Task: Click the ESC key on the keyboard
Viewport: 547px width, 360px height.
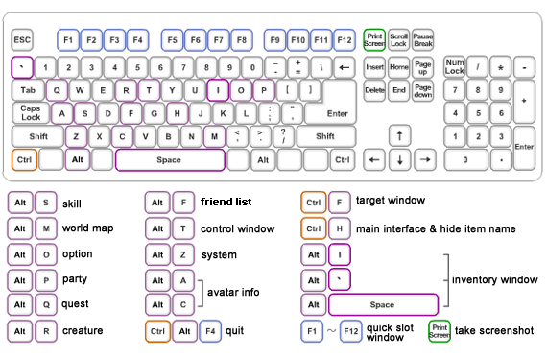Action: coord(22,40)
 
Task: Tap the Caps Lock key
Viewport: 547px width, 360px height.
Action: coord(31,113)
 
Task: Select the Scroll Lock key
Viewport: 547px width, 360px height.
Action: coord(398,40)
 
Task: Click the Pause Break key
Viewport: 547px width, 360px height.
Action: coord(423,40)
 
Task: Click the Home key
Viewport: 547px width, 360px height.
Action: coord(398,67)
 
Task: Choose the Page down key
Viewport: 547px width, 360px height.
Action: coord(423,90)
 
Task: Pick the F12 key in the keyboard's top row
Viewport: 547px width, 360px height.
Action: coord(344,40)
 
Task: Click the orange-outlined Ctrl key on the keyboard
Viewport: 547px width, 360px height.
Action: coord(24,158)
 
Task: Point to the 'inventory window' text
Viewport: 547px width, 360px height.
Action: coord(493,279)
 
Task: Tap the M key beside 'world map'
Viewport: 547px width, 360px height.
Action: coord(45,229)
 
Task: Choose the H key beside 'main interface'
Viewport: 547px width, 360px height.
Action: coord(338,229)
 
